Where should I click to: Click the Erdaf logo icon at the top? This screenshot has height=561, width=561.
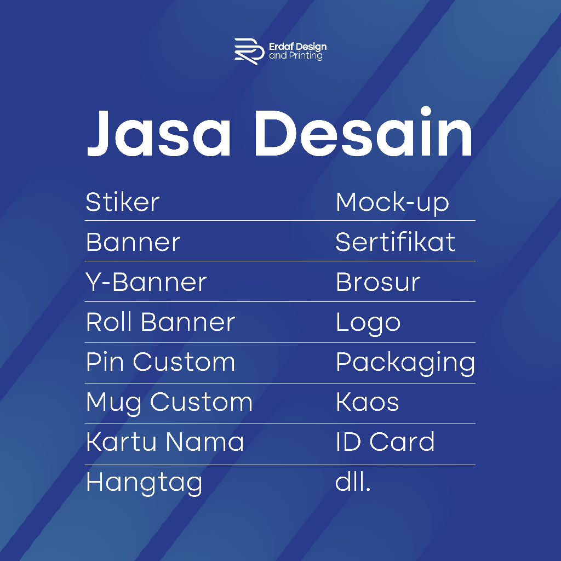249,51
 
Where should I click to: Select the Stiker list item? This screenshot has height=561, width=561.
123,202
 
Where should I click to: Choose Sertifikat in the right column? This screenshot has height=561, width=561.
396,242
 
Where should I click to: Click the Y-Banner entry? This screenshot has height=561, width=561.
146,282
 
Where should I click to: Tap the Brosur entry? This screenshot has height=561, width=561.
378,282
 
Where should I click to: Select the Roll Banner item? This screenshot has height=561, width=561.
161,322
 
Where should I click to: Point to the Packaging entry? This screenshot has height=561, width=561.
405,364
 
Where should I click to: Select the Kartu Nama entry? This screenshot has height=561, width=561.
165,442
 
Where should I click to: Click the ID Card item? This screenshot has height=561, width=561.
385,442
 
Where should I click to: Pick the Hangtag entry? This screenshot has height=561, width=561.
144,484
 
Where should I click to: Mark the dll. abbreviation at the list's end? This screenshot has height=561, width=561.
353,482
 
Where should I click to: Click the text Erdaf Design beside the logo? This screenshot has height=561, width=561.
297,47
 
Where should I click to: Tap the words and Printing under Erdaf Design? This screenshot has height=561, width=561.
296,56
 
